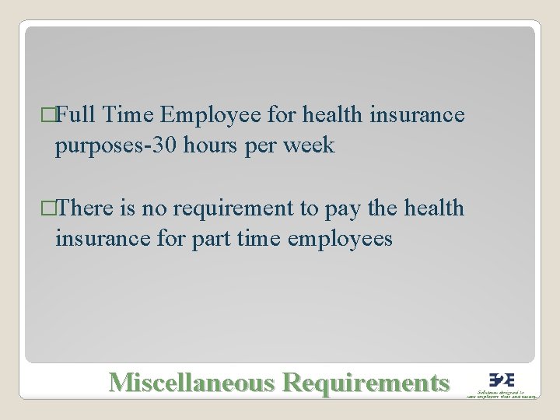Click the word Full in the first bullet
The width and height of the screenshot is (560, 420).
(75, 116)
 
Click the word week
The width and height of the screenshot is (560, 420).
(308, 145)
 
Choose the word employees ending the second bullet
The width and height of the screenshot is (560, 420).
(340, 239)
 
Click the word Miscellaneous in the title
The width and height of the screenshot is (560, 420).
(191, 382)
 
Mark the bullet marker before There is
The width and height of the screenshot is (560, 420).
(50, 209)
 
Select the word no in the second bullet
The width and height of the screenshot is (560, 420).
(155, 208)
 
